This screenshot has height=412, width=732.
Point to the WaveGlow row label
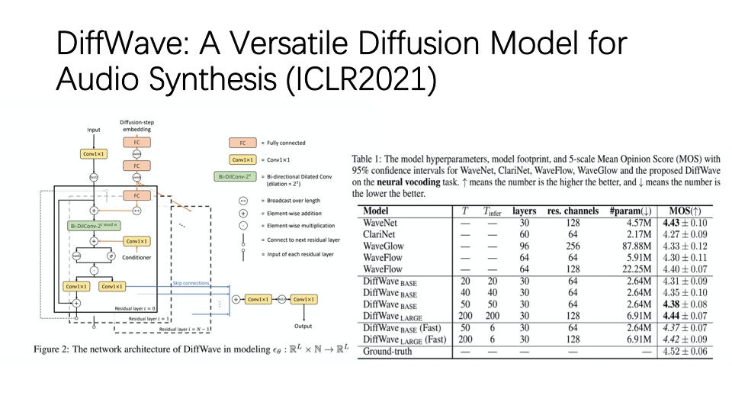pyautogui.click(x=384, y=246)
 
